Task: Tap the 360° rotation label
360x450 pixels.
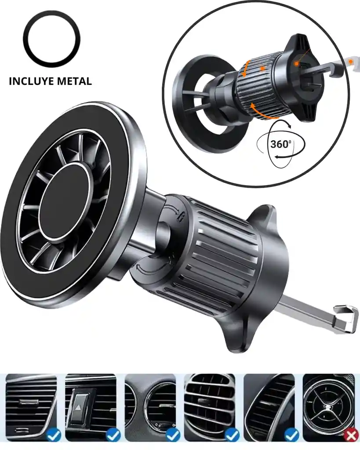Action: click(x=281, y=144)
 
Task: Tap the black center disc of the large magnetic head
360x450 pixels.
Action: click(x=63, y=201)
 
